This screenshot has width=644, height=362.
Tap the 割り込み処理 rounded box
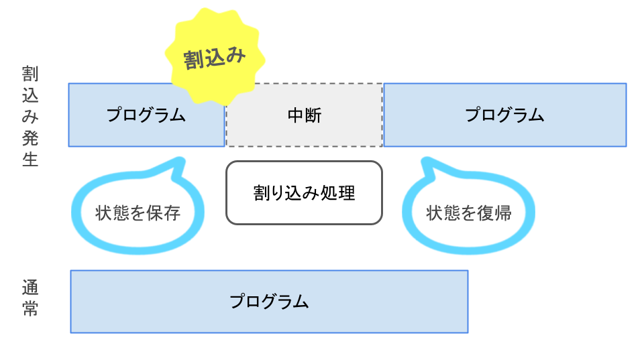click(304, 192)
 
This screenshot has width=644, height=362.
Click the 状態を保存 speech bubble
click(138, 213)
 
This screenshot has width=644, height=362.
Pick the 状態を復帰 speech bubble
click(469, 213)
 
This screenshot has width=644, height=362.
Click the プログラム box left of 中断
click(146, 115)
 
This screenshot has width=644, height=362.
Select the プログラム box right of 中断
click(504, 115)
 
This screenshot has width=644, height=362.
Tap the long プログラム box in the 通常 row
click(269, 301)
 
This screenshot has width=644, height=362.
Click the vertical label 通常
click(30, 298)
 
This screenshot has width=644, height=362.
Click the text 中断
click(304, 115)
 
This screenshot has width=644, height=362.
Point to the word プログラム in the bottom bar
click(269, 301)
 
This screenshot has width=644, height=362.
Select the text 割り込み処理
click(304, 193)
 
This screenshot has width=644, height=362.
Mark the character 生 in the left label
click(30, 160)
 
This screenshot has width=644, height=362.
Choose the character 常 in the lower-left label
click(30, 309)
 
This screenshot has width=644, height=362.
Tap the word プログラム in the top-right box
click(504, 115)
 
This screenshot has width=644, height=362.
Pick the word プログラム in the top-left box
click(146, 115)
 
